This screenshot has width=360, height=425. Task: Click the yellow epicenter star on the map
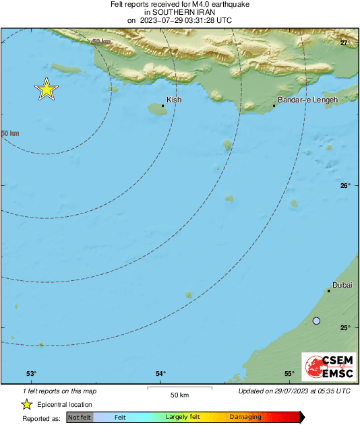pyautogui.click(x=46, y=89)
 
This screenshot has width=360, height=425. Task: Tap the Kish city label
pyautogui.click(x=174, y=100)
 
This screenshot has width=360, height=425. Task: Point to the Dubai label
pyautogui.click(x=343, y=285)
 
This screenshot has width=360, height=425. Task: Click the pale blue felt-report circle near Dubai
pyautogui.click(x=317, y=321)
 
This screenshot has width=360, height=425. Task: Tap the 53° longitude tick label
pyautogui.click(x=31, y=374)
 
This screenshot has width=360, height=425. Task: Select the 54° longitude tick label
pyautogui.click(x=160, y=374)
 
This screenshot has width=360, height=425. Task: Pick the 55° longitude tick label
pyautogui.click(x=289, y=374)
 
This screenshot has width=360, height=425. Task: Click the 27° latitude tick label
pyautogui.click(x=345, y=43)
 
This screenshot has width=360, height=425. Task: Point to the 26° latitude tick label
pyautogui.click(x=345, y=186)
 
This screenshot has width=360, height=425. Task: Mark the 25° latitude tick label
pyautogui.click(x=345, y=328)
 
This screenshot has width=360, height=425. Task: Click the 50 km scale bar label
pyautogui.click(x=179, y=395)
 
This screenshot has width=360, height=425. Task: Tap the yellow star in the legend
pyautogui.click(x=27, y=405)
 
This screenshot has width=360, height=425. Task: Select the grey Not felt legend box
pyautogui.click(x=80, y=418)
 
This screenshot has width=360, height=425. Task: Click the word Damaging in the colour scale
pyautogui.click(x=245, y=418)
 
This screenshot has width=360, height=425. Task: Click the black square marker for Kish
pyautogui.click(x=163, y=106)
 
